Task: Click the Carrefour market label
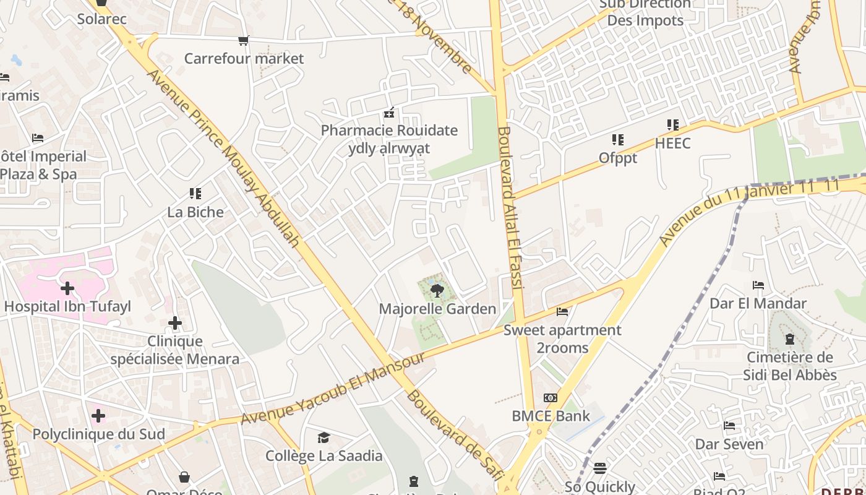tap(244, 59)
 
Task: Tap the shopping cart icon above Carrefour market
tap(244, 41)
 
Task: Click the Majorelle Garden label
tap(437, 309)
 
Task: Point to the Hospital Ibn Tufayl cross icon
tap(67, 288)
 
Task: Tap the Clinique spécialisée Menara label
tap(175, 350)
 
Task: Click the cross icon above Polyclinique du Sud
tap(98, 415)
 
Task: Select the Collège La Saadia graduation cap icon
tap(324, 438)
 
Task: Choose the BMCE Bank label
tap(551, 416)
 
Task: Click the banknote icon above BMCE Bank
tap(551, 397)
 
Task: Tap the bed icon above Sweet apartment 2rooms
tap(562, 312)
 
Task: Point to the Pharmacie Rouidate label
tap(389, 131)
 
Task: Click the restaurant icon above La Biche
tap(195, 194)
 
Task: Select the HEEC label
tap(673, 144)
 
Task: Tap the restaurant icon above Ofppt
tap(618, 140)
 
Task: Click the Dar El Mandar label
tap(758, 303)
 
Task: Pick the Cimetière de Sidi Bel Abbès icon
tap(790, 339)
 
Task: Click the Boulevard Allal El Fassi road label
tap(511, 207)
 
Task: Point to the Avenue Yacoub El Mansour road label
tap(334, 388)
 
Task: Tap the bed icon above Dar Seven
tap(729, 426)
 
